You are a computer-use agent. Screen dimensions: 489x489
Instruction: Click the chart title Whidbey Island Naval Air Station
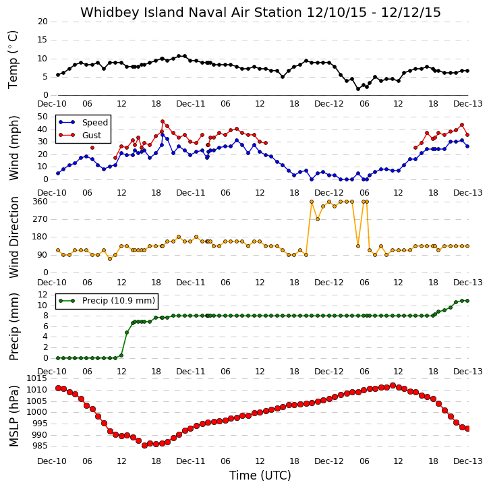[x=191, y=12]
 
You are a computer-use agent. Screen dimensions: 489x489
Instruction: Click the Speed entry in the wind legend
[x=95, y=123]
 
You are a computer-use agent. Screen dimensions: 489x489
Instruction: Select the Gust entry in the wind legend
[x=91, y=136]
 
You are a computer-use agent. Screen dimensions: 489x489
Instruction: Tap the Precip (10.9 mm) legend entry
[x=119, y=301]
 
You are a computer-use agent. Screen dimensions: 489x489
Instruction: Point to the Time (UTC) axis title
[x=260, y=476]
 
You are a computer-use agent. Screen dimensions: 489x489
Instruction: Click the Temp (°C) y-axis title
[x=13, y=59]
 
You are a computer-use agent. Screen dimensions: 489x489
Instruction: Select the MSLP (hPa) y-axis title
[x=13, y=416]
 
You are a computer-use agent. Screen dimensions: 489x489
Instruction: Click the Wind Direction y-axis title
[x=13, y=237]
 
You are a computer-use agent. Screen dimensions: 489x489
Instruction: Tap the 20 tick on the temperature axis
[x=42, y=22]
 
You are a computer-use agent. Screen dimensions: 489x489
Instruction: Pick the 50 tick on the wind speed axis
[x=42, y=117]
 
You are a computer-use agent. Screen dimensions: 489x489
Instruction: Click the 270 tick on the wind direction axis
[x=40, y=219]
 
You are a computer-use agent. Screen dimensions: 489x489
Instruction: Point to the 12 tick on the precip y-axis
[x=42, y=295]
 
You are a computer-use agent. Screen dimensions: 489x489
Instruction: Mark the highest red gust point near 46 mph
[x=163, y=121]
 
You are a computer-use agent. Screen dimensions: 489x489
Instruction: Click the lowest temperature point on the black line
[x=358, y=89]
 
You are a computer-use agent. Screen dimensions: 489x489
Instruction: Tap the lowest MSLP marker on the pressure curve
[x=145, y=446]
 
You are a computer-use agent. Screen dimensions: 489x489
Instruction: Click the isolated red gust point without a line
[x=92, y=148]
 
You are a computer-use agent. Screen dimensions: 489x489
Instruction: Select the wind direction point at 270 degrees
[x=318, y=219]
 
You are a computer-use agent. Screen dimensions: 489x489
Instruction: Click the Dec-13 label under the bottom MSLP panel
[x=468, y=461]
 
